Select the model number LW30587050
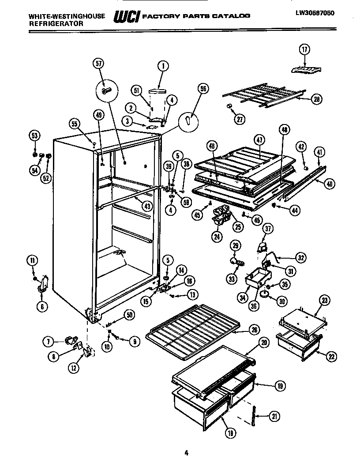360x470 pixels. click(315, 13)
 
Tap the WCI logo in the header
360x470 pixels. click(127, 17)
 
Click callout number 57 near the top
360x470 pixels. click(98, 64)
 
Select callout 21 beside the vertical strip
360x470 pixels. click(274, 415)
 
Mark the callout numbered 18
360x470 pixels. click(229, 434)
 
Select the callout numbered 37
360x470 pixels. click(268, 228)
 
